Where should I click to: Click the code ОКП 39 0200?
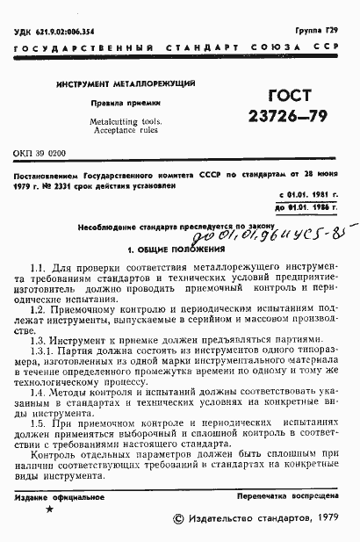pos(40,154)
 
